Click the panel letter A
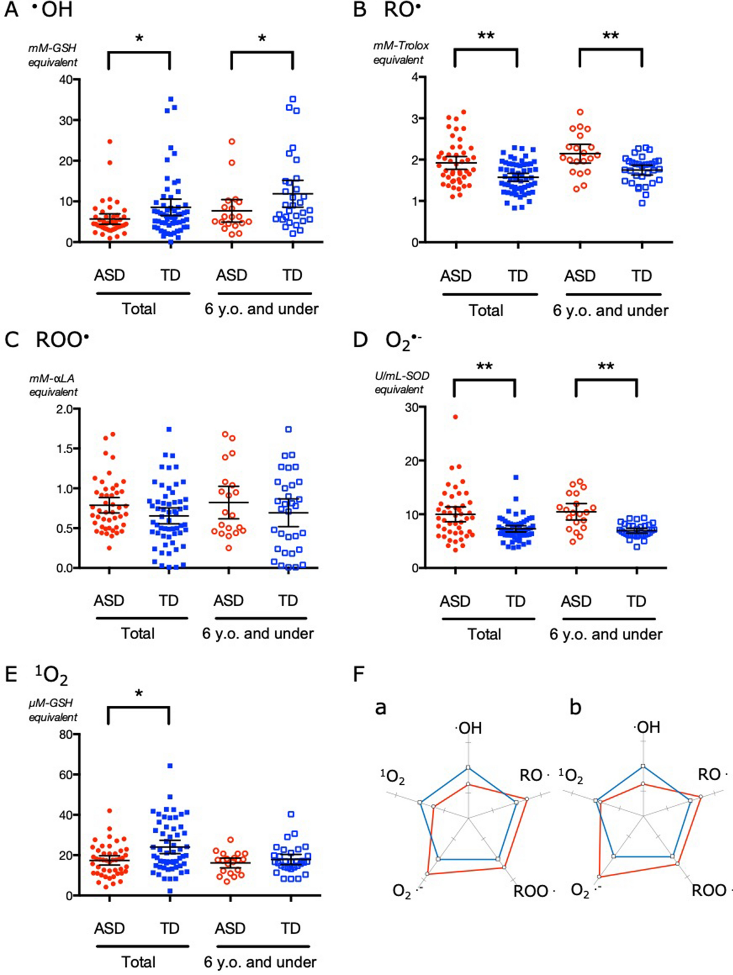point(11,10)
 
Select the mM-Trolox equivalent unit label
point(400,52)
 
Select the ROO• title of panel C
point(62,341)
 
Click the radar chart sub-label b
point(575,707)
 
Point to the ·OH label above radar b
point(646,728)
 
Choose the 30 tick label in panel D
point(411,407)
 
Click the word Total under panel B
point(485,311)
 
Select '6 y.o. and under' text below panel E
point(260,962)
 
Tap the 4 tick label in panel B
point(415,77)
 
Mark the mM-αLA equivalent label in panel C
point(53,385)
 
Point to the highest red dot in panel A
point(110,142)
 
